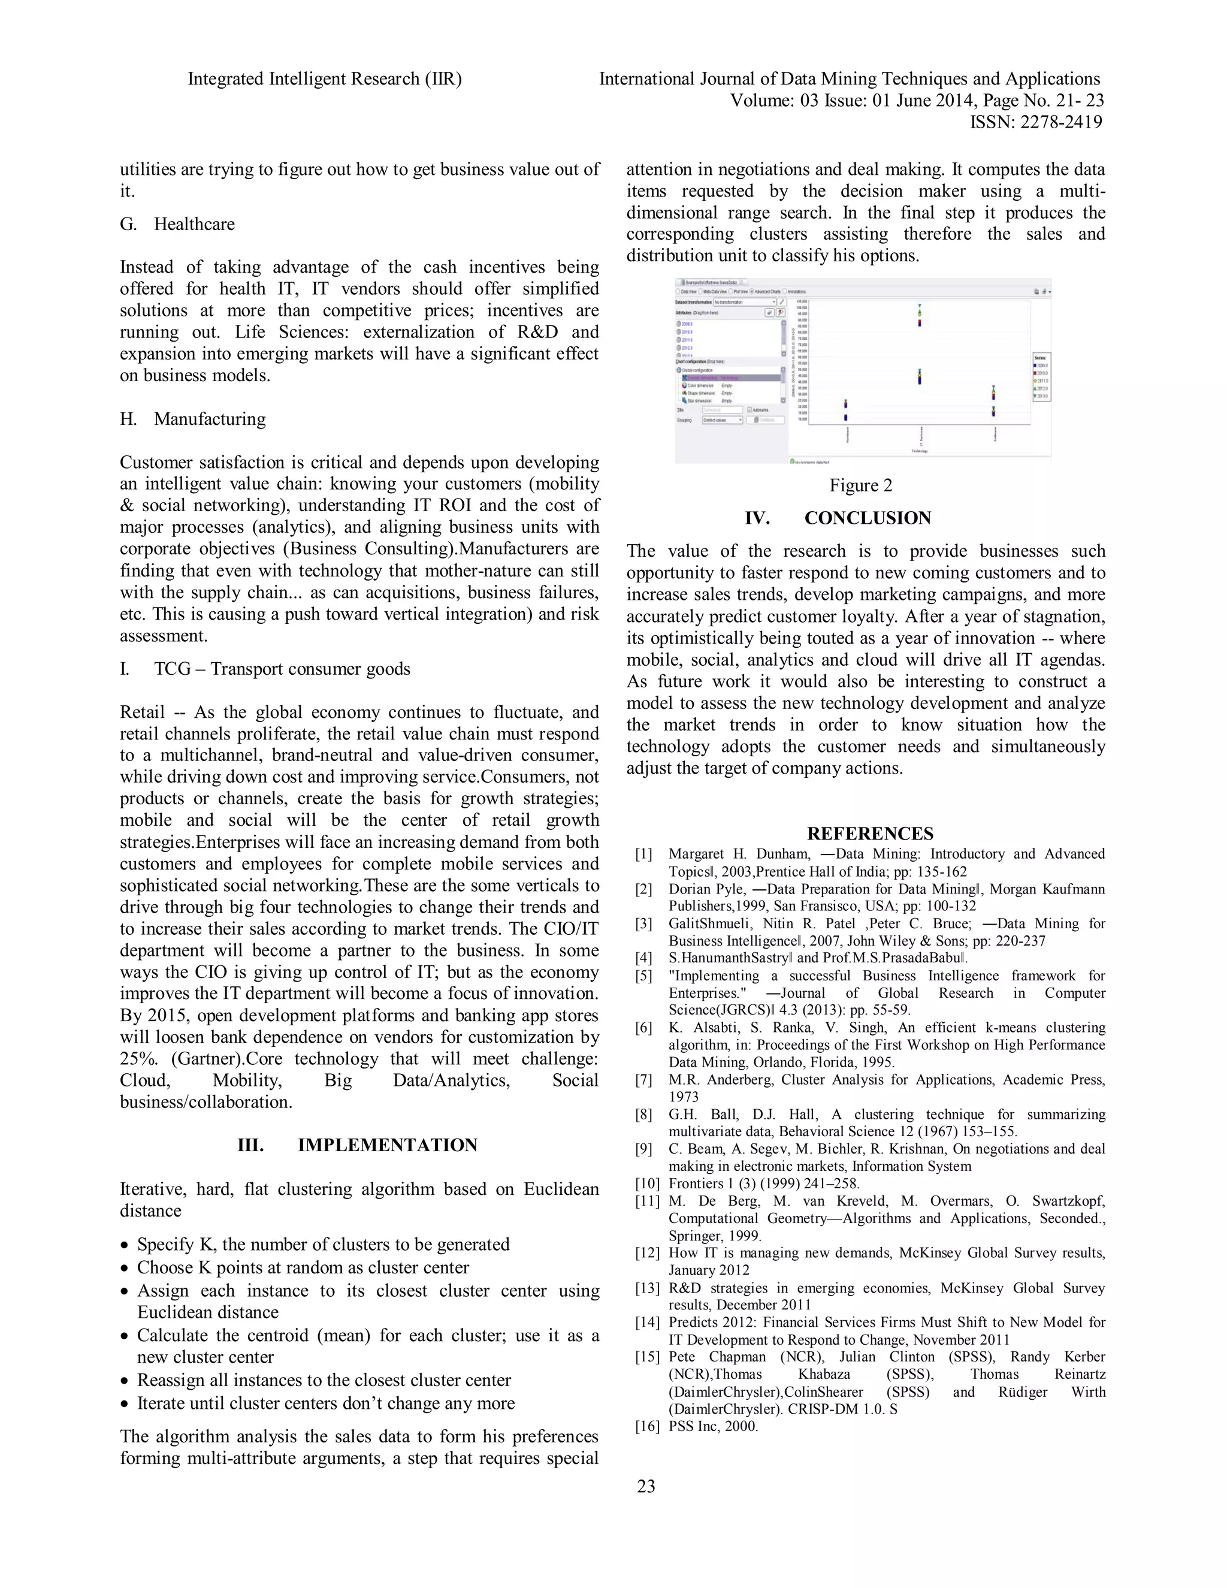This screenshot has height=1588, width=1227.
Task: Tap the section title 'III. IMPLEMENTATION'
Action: pos(358,1145)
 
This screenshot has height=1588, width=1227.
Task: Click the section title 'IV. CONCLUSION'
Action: pos(838,518)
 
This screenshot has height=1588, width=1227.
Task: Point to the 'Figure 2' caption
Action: pos(861,486)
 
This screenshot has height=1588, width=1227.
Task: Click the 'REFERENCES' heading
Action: pos(870,834)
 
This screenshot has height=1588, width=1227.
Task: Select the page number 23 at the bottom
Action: pos(645,1486)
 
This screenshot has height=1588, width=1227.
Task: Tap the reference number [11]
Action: pos(646,1201)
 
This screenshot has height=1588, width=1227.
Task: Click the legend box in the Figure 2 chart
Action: pos(1040,378)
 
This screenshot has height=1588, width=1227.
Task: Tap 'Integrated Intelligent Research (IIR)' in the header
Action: pos(325,79)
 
